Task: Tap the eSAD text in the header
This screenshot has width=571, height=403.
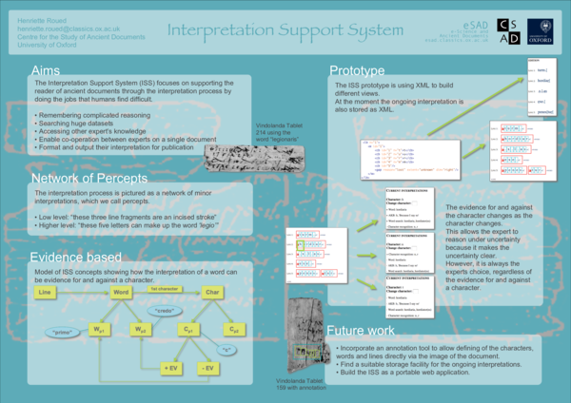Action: (x=459, y=14)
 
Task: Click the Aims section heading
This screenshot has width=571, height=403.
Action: (x=49, y=72)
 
